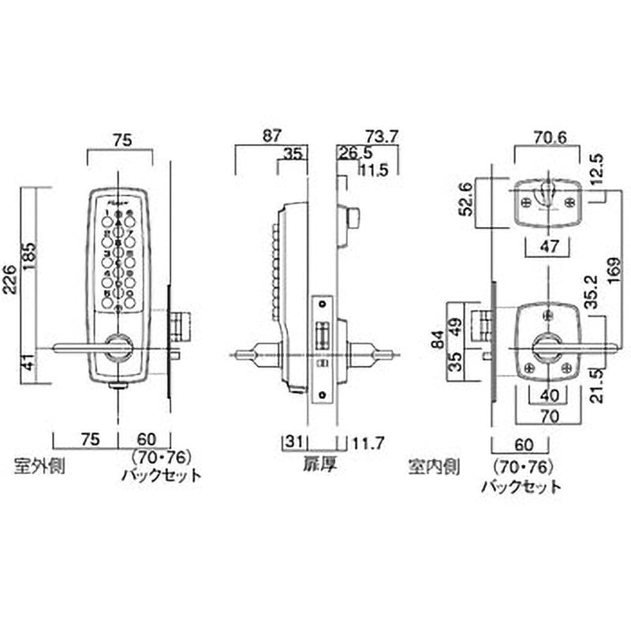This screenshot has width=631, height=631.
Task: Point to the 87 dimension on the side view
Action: pyautogui.click(x=271, y=136)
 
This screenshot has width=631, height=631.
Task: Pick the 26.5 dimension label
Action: pyautogui.click(x=353, y=155)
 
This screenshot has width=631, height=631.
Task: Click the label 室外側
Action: pyautogui.click(x=39, y=465)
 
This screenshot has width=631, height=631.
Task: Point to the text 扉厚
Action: pyautogui.click(x=319, y=465)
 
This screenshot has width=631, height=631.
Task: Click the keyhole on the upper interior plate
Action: pyautogui.click(x=545, y=194)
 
